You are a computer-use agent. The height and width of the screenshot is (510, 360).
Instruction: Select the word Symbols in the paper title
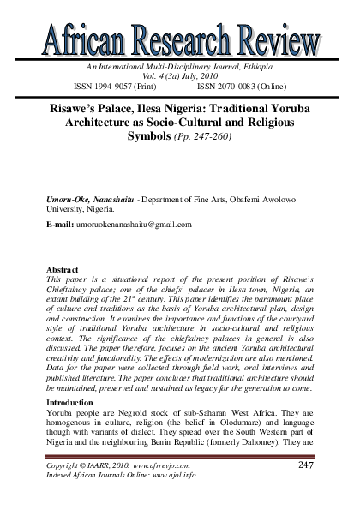tap(154, 136)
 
